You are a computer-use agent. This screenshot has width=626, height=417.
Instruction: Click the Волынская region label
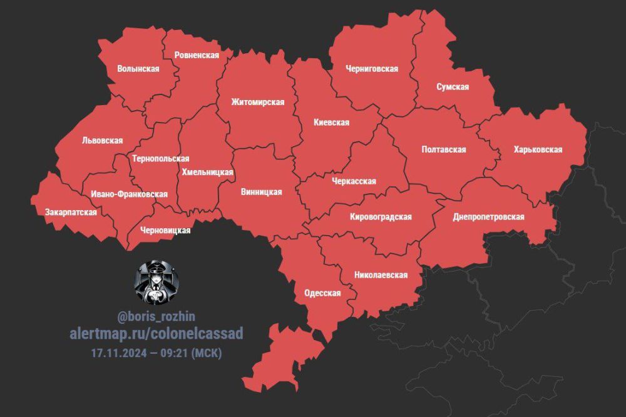coord(138,69)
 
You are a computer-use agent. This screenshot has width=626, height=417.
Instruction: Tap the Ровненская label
coord(197,55)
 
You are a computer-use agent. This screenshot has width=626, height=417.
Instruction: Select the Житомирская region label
coord(257,102)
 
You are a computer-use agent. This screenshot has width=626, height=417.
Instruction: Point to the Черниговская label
coord(372,69)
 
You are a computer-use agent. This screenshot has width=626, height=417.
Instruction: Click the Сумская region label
coord(453,87)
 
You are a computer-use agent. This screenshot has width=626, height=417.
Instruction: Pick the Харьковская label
coord(538,149)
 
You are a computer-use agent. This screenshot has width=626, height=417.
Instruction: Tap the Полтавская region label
coord(444,149)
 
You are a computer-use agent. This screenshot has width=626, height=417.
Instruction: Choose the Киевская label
coord(331,123)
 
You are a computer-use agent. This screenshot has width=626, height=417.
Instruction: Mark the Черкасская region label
coord(354,181)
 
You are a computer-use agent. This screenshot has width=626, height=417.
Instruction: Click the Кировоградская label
coord(381,217)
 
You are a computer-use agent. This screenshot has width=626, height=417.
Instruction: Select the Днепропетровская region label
coord(488,217)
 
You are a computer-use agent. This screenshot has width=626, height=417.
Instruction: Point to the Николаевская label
coord(381,275)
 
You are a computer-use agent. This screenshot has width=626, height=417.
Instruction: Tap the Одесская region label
coord(322,293)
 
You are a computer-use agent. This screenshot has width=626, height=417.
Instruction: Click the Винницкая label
coord(261,192)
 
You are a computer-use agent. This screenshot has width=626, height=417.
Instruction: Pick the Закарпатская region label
coord(71,213)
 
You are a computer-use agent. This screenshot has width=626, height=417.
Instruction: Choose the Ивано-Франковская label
coord(129,194)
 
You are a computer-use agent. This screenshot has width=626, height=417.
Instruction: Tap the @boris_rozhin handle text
coord(156,316)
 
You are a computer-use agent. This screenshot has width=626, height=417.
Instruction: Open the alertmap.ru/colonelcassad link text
coord(156,333)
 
